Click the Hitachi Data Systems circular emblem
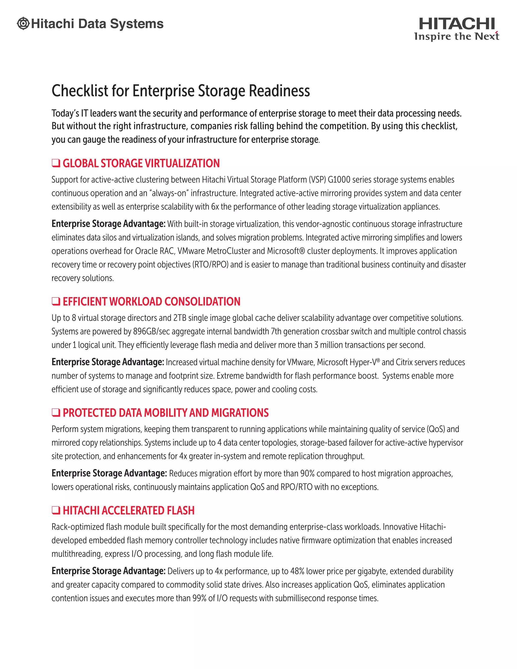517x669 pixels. (23, 23)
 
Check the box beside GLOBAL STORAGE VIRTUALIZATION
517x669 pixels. (56, 163)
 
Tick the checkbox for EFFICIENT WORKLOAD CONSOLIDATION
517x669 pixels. (56, 301)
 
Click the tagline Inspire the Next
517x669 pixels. (457, 36)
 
